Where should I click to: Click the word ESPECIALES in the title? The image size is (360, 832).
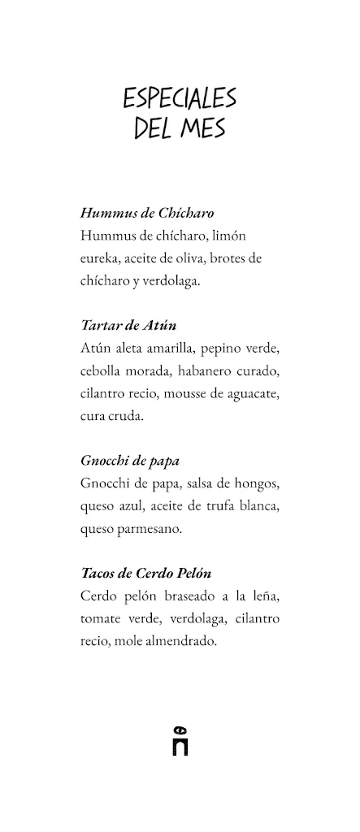tap(180, 99)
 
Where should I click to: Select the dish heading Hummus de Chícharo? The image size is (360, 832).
tap(147, 214)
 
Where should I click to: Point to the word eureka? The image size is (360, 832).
tap(102, 258)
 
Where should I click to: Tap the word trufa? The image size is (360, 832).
tap(219, 505)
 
